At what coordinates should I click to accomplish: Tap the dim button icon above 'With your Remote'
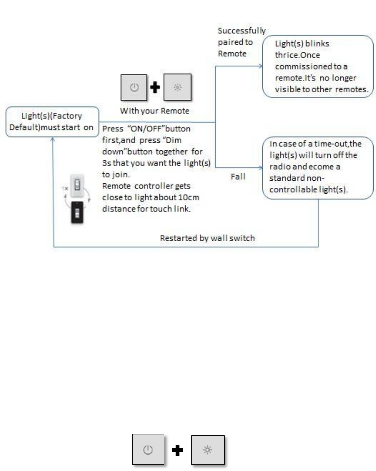177,88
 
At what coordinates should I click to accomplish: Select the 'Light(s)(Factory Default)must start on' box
52,122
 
